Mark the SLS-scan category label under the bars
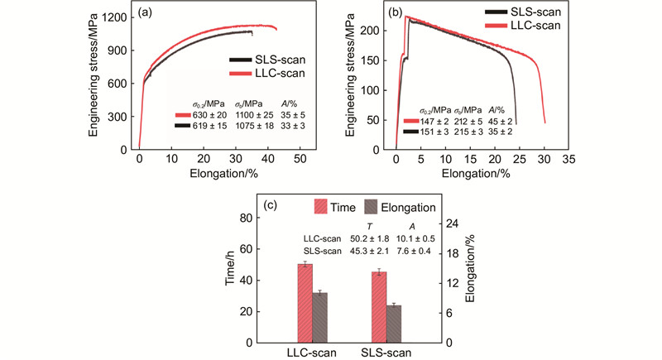click(388, 353)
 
